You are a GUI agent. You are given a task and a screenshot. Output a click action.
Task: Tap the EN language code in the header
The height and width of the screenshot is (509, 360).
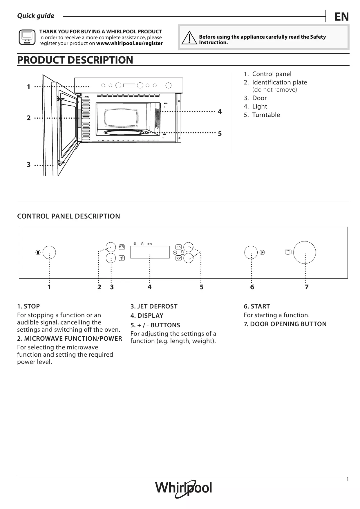pyautogui.click(x=341, y=17)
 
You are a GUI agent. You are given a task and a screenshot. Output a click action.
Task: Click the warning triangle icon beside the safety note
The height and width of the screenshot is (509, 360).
pyautogui.click(x=189, y=38)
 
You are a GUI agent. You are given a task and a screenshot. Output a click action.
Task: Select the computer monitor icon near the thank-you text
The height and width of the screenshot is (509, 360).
pyautogui.click(x=27, y=37)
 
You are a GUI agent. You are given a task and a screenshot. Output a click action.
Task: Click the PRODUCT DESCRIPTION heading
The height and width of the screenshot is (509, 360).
pyautogui.click(x=75, y=60)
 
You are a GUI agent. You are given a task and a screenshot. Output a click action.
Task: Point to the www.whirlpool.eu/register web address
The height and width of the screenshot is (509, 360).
pyautogui.click(x=129, y=44)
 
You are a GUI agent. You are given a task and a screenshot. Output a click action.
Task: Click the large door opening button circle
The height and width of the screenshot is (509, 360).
pyautogui.click(x=305, y=252)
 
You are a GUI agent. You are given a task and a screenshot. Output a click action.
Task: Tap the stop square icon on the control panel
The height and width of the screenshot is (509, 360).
pyautogui.click(x=38, y=252)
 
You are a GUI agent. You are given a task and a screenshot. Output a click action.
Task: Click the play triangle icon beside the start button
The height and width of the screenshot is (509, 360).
pyautogui.click(x=262, y=252)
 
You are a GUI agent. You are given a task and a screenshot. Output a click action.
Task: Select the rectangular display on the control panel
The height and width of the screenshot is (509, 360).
pyautogui.click(x=150, y=252)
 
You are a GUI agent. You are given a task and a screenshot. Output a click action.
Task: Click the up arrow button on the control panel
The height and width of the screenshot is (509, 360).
pyautogui.click(x=179, y=247)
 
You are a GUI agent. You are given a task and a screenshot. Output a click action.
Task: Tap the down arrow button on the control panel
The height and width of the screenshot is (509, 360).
pyautogui.click(x=179, y=258)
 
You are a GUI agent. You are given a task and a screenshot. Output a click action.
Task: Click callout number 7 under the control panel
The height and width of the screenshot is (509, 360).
pyautogui.click(x=307, y=287)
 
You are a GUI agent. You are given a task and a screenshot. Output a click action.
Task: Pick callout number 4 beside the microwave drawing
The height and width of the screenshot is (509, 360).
pyautogui.click(x=220, y=111)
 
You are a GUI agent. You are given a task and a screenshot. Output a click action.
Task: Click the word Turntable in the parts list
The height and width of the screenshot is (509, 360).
pyautogui.click(x=266, y=115)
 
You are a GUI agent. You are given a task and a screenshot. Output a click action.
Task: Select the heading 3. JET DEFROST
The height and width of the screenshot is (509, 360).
pyautogui.click(x=154, y=306)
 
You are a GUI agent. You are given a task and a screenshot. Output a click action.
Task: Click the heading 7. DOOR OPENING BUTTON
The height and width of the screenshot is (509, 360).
pyautogui.click(x=285, y=324)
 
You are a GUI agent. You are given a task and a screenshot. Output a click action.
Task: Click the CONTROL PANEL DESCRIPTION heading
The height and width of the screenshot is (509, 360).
pyautogui.click(x=68, y=216)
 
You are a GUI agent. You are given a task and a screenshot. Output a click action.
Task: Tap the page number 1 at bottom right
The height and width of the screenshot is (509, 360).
pyautogui.click(x=347, y=479)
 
